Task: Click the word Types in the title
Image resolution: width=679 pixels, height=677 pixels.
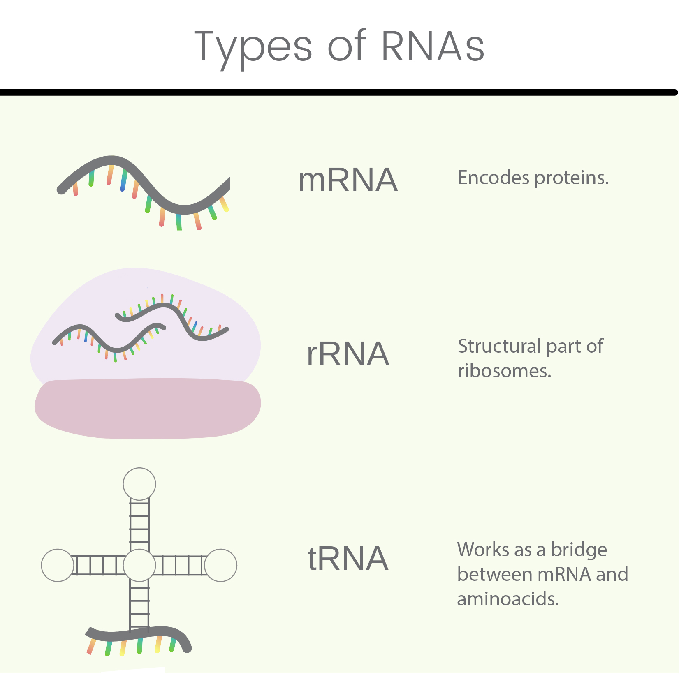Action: click(x=253, y=47)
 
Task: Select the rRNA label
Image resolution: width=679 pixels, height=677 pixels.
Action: click(x=348, y=354)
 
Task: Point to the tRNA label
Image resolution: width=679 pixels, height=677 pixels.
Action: click(x=348, y=559)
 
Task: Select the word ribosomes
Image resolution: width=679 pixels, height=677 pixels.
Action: click(x=504, y=371)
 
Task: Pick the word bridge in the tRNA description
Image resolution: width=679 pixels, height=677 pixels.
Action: click(x=579, y=550)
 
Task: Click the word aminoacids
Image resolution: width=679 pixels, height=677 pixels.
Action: click(x=508, y=599)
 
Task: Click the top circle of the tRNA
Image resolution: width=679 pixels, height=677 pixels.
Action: click(x=139, y=484)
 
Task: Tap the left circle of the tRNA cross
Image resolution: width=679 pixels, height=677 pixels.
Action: click(x=58, y=565)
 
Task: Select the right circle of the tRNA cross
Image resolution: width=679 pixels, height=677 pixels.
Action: click(x=221, y=565)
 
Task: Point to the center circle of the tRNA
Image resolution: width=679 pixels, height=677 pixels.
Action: click(x=139, y=565)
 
